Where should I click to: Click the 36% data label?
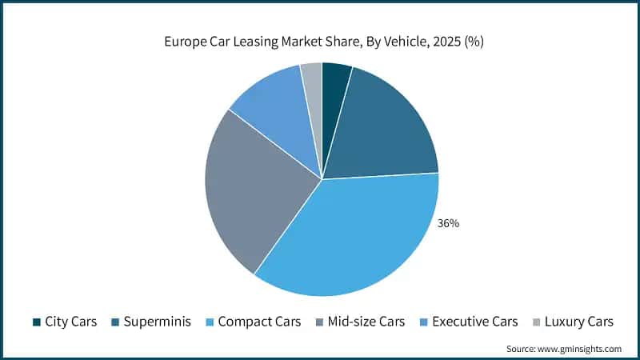(x=448, y=223)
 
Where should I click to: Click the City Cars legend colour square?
(x=37, y=322)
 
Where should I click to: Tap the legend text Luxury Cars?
(x=578, y=322)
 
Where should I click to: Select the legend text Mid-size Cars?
(x=366, y=322)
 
